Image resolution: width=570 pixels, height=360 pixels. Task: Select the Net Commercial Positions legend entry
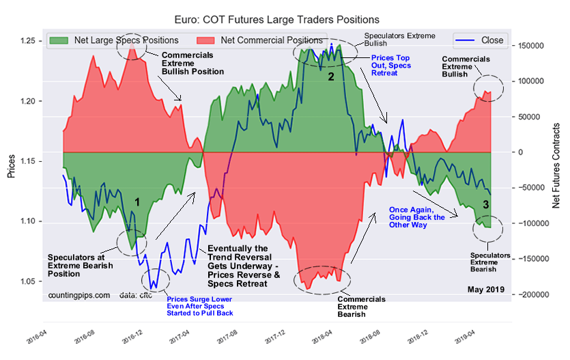272,40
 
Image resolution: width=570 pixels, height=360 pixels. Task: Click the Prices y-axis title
12,165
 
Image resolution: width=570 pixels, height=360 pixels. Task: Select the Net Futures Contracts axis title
558,166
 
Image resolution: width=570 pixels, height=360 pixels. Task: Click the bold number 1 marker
137,202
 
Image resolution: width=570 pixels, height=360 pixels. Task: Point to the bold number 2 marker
331,77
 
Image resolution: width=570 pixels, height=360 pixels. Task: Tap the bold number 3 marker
485,204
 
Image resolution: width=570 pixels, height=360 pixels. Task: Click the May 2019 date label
485,290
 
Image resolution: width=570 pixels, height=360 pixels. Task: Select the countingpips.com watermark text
79,295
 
